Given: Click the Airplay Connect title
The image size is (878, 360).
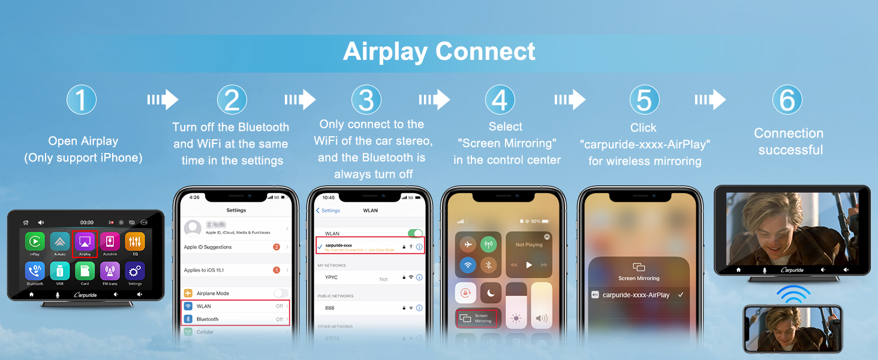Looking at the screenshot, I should pyautogui.click(x=439, y=52).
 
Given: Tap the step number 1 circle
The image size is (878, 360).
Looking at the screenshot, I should pyautogui.click(x=81, y=100).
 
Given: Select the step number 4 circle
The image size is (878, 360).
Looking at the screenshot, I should pyautogui.click(x=500, y=100).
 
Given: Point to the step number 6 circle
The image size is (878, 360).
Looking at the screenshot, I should pyautogui.click(x=787, y=100).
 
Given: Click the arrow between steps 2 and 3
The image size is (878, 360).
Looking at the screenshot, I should pyautogui.click(x=300, y=100).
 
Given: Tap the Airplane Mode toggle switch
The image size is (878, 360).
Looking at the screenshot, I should pyautogui.click(x=281, y=293).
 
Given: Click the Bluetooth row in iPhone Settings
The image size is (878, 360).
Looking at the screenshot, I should pyautogui.click(x=235, y=319).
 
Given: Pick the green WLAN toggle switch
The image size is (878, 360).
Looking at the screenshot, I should pyautogui.click(x=415, y=233).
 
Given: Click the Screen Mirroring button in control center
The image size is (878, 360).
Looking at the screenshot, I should pyautogui.click(x=477, y=318).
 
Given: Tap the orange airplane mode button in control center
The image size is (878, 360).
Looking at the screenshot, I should pyautogui.click(x=468, y=244).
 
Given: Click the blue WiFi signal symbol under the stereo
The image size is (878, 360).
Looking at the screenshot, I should pyautogui.click(x=793, y=295).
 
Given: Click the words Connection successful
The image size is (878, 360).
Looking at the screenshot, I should pyautogui.click(x=788, y=142).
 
